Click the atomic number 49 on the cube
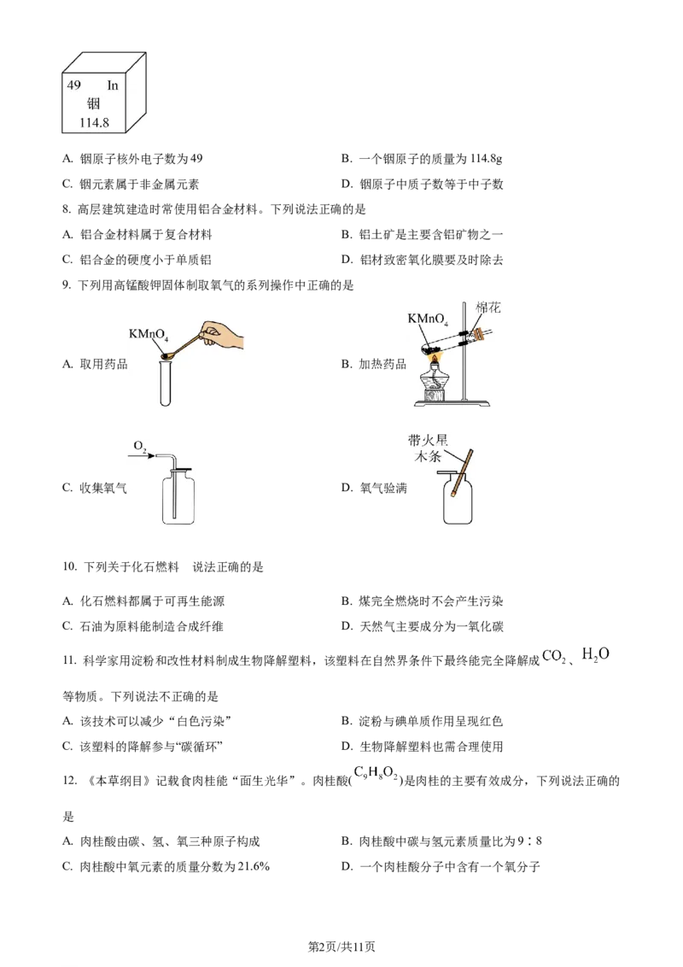(x=73, y=86)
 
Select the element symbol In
(x=113, y=86)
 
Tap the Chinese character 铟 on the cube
(x=94, y=104)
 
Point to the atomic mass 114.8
(x=94, y=122)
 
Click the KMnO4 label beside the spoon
(x=147, y=334)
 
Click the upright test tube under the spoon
(x=166, y=384)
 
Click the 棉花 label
(x=488, y=308)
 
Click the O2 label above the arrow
(x=139, y=447)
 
